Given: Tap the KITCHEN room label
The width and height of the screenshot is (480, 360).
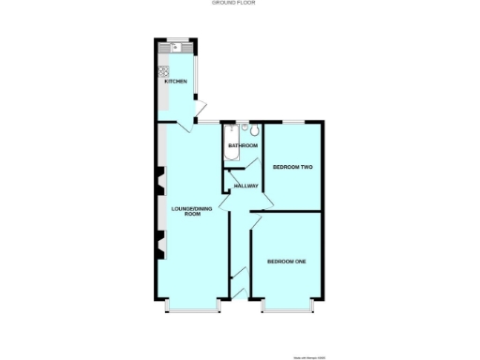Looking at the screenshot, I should pyautogui.click(x=175, y=82).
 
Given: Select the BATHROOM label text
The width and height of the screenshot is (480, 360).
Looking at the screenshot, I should pyautogui.click(x=242, y=145).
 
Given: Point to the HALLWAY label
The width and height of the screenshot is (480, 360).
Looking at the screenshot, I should pyautogui.click(x=246, y=186).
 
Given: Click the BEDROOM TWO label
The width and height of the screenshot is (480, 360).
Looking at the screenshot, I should pyautogui.click(x=292, y=167).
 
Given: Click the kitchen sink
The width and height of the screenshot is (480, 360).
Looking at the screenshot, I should pyautogui.click(x=174, y=47).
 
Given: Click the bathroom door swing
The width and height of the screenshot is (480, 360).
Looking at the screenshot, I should pyautogui.click(x=240, y=163).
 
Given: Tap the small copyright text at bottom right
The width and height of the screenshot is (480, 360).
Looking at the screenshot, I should pyautogui.click(x=309, y=357).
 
